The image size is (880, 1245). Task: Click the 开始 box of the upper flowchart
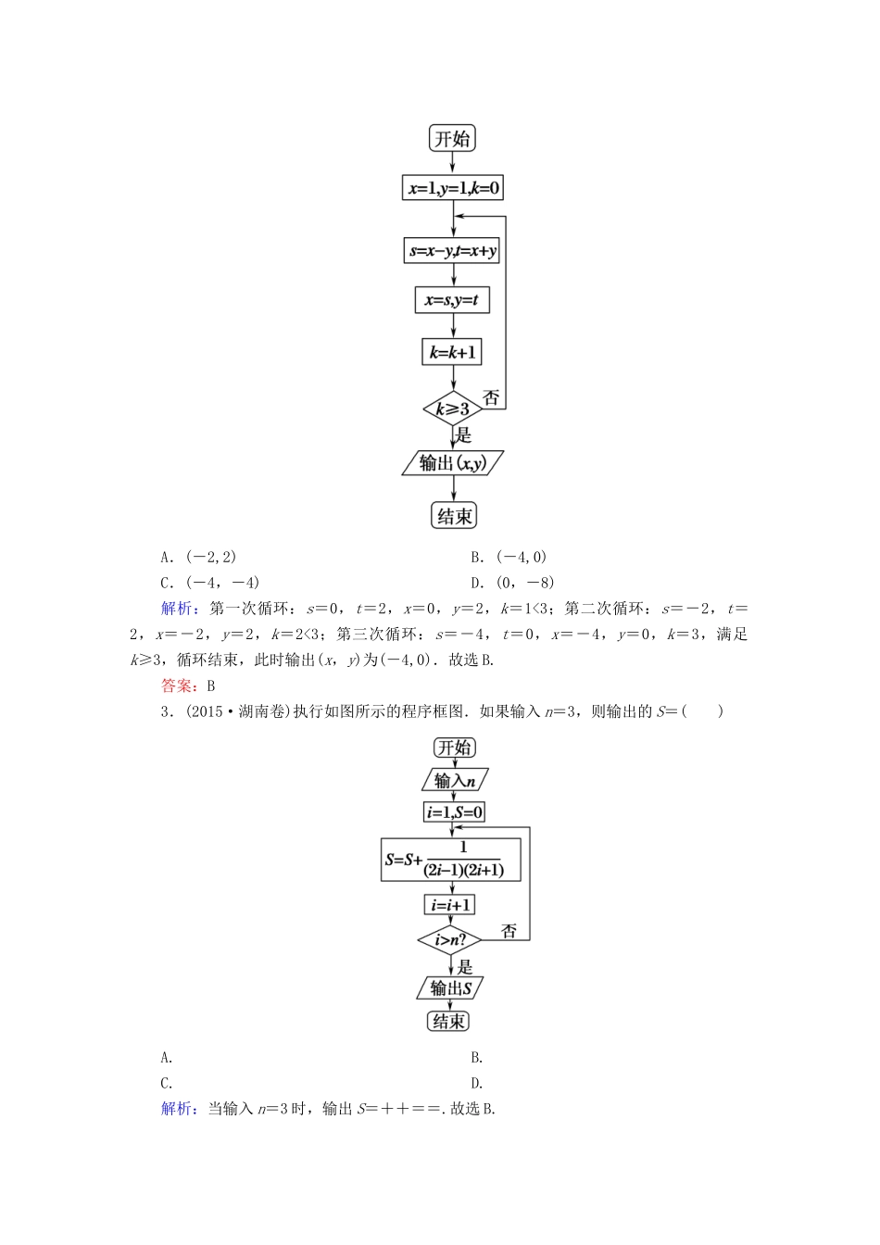point(452,139)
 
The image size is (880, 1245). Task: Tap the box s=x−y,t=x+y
point(452,250)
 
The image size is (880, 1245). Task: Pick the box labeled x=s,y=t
point(452,300)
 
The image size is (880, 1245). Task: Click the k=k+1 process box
point(452,352)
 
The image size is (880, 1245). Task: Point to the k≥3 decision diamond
point(452,409)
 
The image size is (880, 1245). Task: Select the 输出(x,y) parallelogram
point(452,463)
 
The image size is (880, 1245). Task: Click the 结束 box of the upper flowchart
point(454,516)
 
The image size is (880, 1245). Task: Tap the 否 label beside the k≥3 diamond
point(491,398)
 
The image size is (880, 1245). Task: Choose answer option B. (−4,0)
point(509,557)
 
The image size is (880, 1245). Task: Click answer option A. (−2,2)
point(198,557)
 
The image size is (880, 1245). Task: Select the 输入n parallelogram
point(454,780)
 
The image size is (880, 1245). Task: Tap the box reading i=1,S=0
point(454,812)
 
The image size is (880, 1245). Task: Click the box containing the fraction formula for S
point(451,860)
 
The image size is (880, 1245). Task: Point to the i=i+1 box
point(450,904)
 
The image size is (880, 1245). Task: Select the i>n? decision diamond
point(450,940)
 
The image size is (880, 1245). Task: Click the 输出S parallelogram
point(450,988)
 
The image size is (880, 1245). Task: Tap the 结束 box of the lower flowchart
point(449,1021)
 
